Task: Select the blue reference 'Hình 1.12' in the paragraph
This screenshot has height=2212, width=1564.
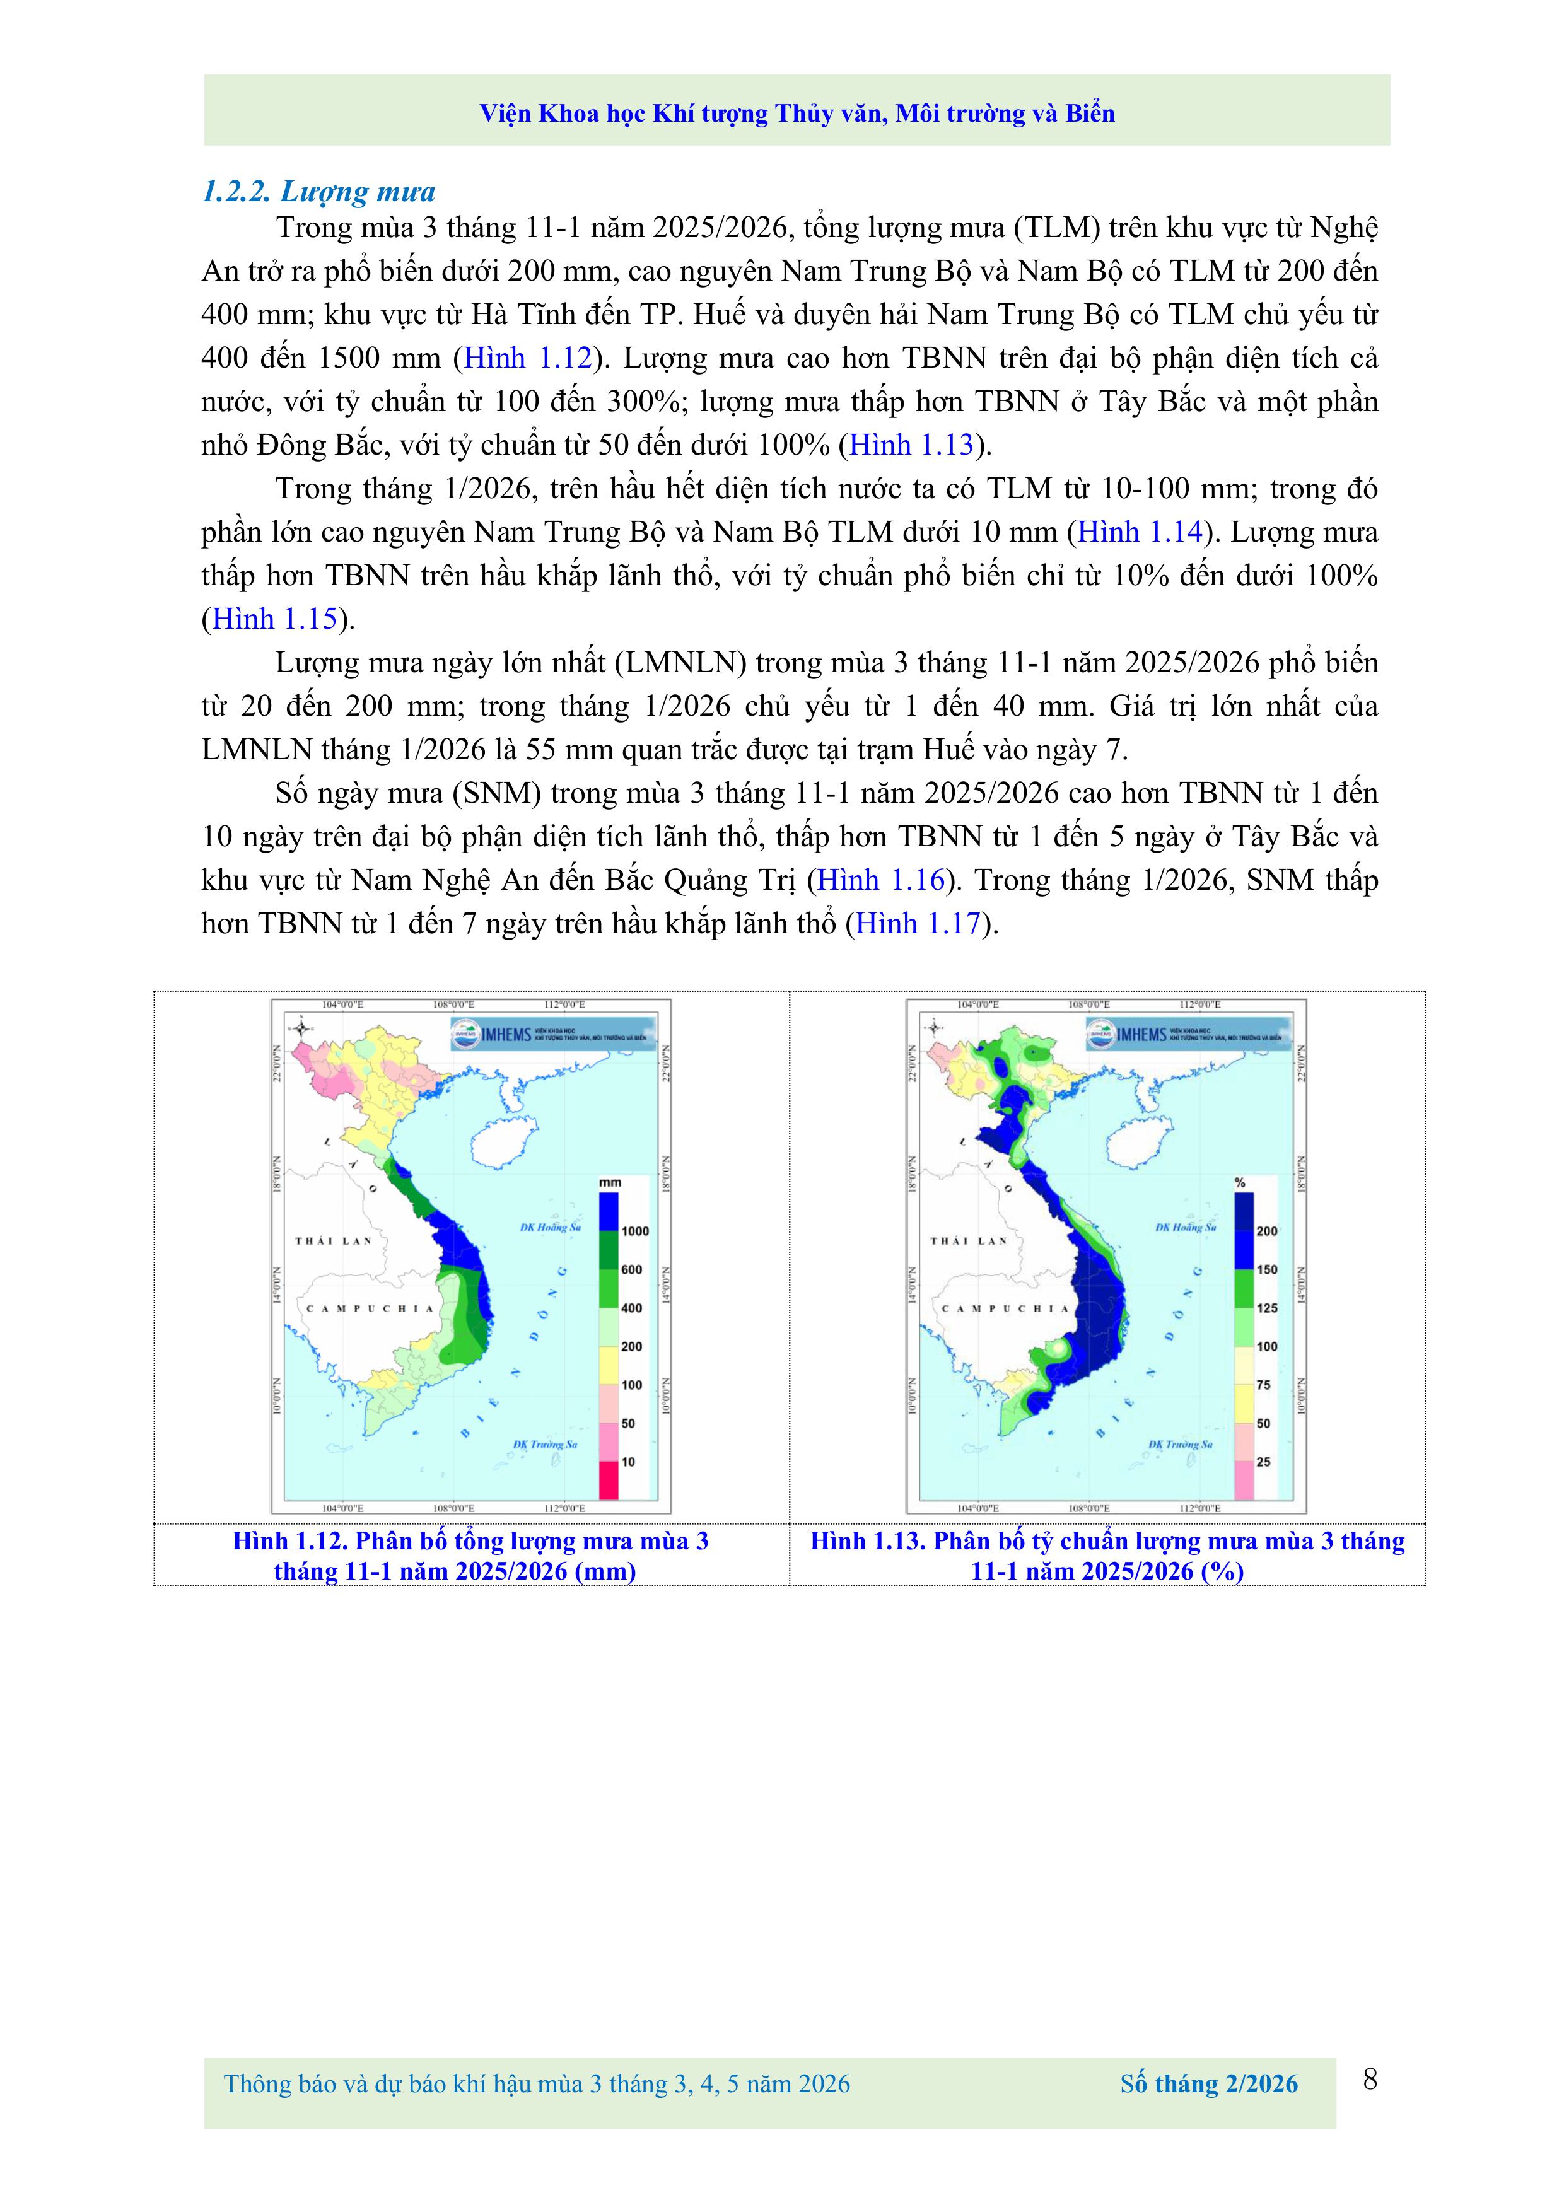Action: click(527, 358)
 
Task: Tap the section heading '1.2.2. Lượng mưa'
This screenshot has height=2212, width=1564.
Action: click(318, 191)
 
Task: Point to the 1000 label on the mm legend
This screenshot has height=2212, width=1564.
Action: click(635, 1231)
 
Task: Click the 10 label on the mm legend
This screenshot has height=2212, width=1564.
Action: click(628, 1462)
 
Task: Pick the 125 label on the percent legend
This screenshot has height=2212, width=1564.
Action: click(1267, 1308)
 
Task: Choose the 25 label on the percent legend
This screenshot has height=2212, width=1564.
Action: click(1263, 1462)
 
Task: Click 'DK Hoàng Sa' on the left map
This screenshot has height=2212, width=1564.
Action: click(551, 1228)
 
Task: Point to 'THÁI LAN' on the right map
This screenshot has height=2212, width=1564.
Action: click(969, 1241)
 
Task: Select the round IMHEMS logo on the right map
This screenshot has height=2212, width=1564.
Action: click(1099, 1035)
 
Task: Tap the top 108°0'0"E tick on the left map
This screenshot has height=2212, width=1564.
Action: click(452, 1004)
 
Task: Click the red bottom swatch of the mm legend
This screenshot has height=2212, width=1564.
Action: click(609, 1480)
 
